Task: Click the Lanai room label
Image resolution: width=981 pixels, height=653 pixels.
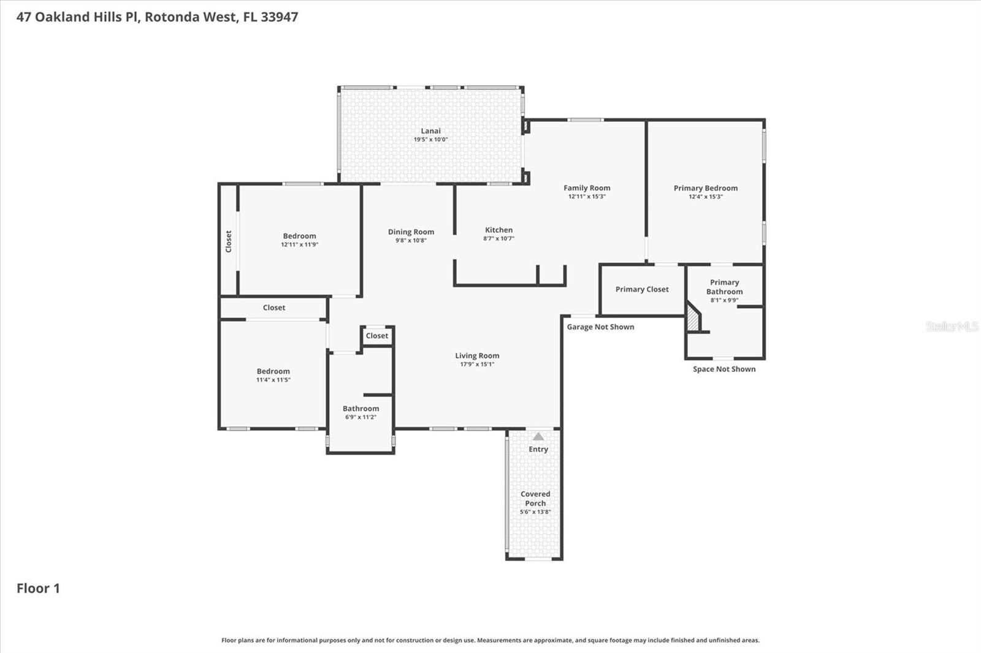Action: click(x=430, y=130)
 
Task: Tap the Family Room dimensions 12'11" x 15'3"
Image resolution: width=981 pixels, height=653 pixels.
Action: click(x=587, y=197)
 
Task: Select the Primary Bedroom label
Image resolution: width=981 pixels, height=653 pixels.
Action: click(x=705, y=188)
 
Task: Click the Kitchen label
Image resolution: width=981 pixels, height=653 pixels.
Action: click(x=498, y=230)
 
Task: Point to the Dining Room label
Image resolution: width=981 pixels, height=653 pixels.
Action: click(x=411, y=232)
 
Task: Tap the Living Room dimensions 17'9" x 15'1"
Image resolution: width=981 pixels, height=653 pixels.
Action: click(x=477, y=364)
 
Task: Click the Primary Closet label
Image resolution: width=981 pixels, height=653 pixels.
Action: click(x=642, y=289)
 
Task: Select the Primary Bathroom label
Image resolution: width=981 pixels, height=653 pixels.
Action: click(x=724, y=287)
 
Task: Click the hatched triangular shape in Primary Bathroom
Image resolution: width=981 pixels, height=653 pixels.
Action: click(x=693, y=319)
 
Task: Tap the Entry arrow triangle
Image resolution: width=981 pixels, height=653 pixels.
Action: click(x=538, y=437)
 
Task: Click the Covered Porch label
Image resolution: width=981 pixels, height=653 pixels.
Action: click(x=535, y=498)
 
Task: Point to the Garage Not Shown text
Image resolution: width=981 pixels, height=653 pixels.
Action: click(x=600, y=326)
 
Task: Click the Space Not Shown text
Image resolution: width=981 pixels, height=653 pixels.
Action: click(x=724, y=369)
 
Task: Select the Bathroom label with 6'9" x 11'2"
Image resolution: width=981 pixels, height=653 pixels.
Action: click(x=361, y=409)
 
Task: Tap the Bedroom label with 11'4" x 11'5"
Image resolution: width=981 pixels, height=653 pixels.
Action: click(x=273, y=371)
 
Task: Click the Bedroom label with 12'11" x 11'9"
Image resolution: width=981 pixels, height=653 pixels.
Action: click(x=299, y=236)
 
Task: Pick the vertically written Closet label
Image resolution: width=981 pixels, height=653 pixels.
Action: click(x=229, y=241)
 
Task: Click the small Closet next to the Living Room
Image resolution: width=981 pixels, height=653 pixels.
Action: click(x=376, y=336)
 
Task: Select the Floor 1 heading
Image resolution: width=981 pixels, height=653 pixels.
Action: click(x=38, y=588)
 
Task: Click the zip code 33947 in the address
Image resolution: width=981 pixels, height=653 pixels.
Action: click(x=279, y=17)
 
